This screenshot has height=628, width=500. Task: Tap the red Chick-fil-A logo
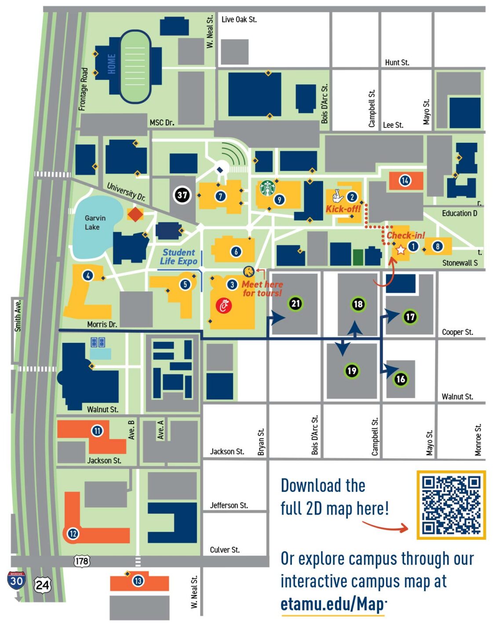click(224, 305)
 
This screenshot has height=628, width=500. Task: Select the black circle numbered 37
click(182, 194)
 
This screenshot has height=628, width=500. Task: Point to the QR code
click(451, 505)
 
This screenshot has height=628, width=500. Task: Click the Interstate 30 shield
click(16, 581)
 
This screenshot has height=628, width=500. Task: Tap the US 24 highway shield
click(43, 585)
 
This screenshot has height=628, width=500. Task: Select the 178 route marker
click(82, 561)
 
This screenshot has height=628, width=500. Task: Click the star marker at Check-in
click(401, 250)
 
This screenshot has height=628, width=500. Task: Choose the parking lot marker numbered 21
click(296, 303)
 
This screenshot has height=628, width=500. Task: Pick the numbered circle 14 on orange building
click(405, 180)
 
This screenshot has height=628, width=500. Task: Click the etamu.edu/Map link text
click(333, 604)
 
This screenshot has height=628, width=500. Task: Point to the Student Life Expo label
click(179, 257)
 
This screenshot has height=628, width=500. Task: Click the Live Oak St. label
click(239, 19)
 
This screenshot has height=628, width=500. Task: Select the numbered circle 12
click(73, 534)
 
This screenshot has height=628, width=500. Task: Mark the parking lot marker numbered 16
click(401, 379)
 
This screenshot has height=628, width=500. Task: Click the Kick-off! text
click(343, 209)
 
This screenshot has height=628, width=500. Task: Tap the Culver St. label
click(225, 550)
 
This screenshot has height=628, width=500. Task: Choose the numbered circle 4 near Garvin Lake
click(88, 276)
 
